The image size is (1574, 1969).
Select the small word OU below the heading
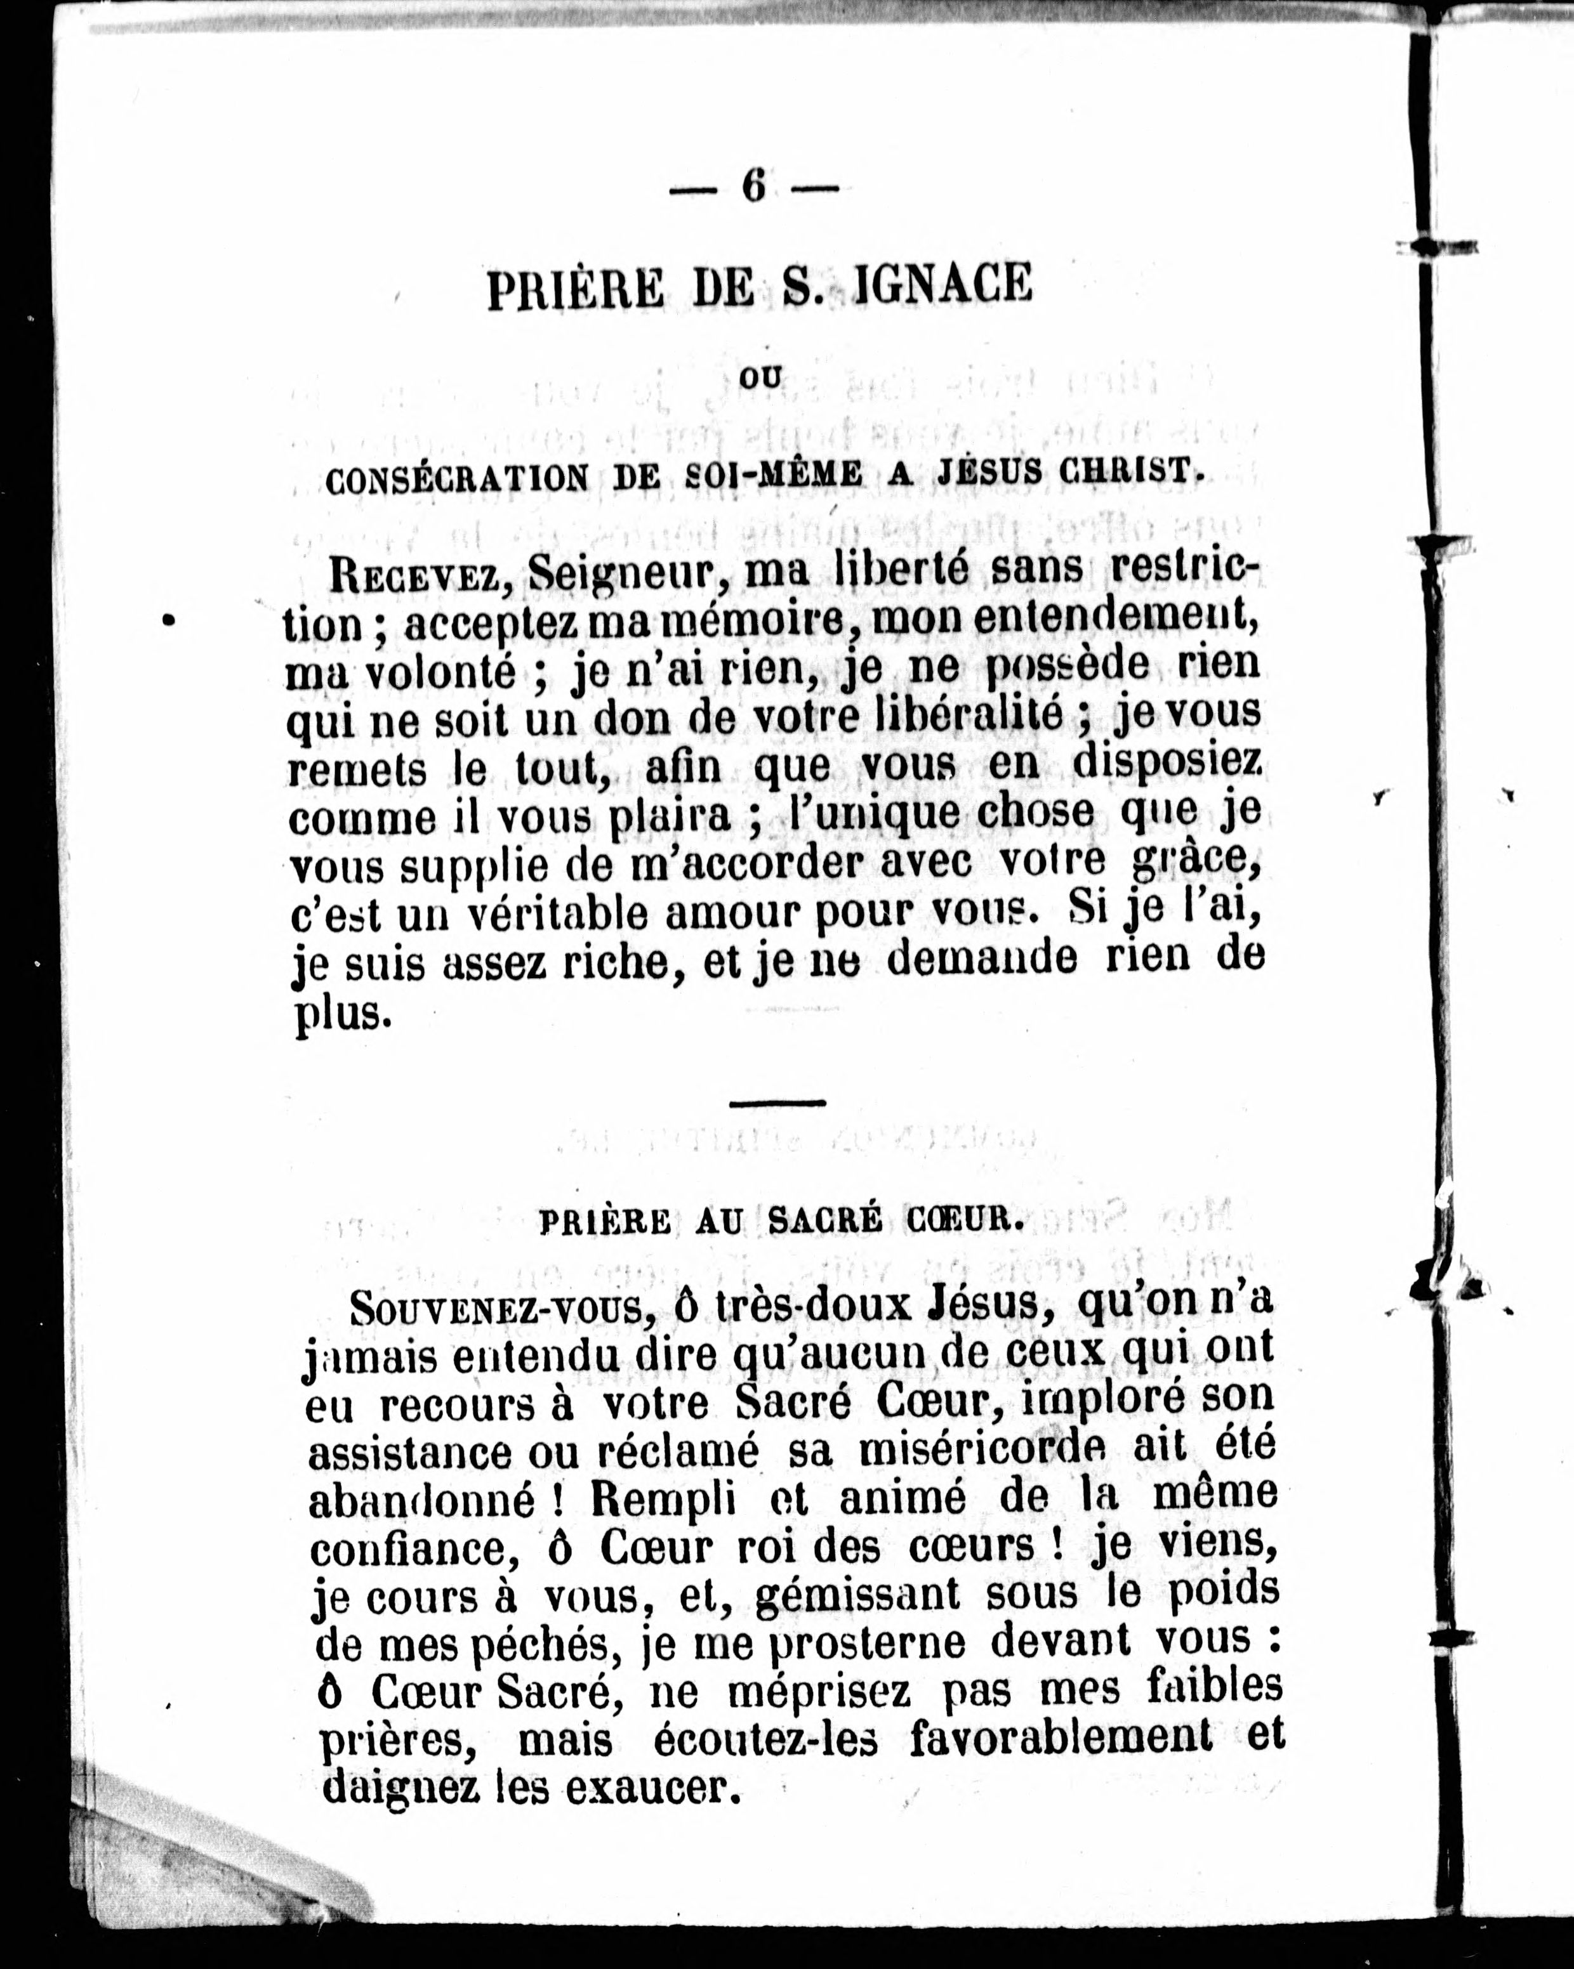(x=761, y=378)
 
